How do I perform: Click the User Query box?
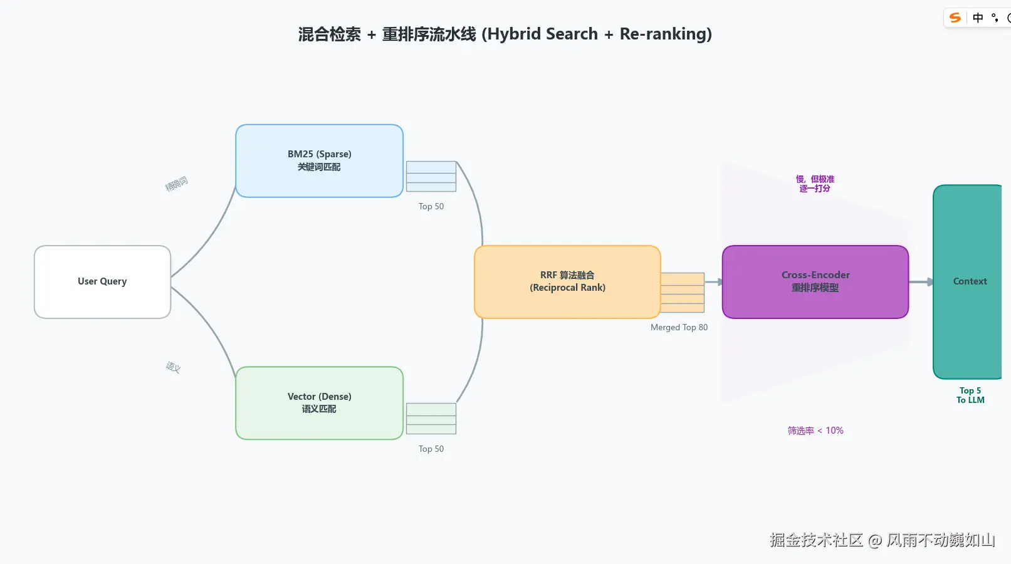pyautogui.click(x=102, y=282)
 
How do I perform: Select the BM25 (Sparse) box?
pyautogui.click(x=319, y=161)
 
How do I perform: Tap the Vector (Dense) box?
pyautogui.click(x=319, y=403)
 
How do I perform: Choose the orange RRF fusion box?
pyautogui.click(x=567, y=282)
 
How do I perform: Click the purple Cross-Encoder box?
pyautogui.click(x=815, y=282)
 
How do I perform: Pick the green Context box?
pyautogui.click(x=968, y=282)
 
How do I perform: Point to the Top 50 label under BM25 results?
pyautogui.click(x=431, y=207)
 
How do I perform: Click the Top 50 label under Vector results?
pyautogui.click(x=431, y=449)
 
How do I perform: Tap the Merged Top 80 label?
pyautogui.click(x=679, y=328)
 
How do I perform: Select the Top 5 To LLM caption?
pyautogui.click(x=970, y=395)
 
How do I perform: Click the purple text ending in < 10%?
pyautogui.click(x=815, y=431)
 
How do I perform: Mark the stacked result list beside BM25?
pyautogui.click(x=431, y=177)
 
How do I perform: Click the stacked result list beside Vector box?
pyautogui.click(x=431, y=419)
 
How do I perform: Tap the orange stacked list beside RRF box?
pyautogui.click(x=683, y=293)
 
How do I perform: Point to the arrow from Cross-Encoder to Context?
pyautogui.click(x=921, y=282)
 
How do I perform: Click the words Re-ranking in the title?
pyautogui.click(x=666, y=34)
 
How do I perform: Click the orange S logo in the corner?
pyautogui.click(x=955, y=18)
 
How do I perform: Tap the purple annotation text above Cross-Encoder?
pyautogui.click(x=815, y=184)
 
